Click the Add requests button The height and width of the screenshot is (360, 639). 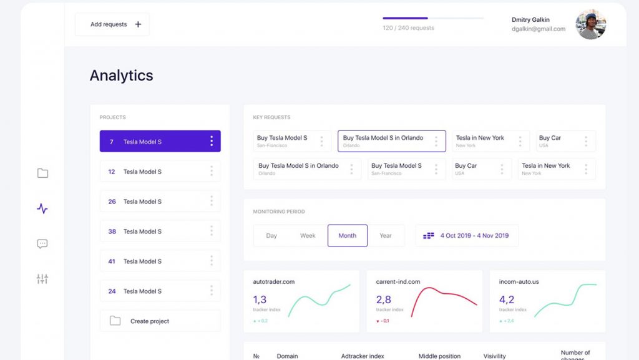tap(112, 24)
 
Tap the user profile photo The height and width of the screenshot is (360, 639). tap(590, 25)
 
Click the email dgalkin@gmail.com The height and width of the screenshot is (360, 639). tap(538, 29)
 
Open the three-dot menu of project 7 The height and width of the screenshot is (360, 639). tap(212, 142)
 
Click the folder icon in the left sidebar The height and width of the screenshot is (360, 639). tap(42, 173)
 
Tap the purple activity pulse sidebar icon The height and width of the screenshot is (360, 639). tap(42, 209)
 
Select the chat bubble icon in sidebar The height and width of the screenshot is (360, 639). tap(42, 244)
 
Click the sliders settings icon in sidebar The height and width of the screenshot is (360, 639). tap(42, 279)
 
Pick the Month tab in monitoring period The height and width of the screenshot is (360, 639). tap(348, 236)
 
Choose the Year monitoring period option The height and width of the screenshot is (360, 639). tap(386, 236)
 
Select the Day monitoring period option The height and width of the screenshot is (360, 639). tap(271, 236)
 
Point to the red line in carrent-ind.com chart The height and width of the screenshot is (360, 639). tap(437, 293)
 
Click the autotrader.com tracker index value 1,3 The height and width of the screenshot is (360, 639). tap(260, 300)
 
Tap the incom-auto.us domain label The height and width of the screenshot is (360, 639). tap(519, 282)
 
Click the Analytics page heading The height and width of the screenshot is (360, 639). tap(121, 75)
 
